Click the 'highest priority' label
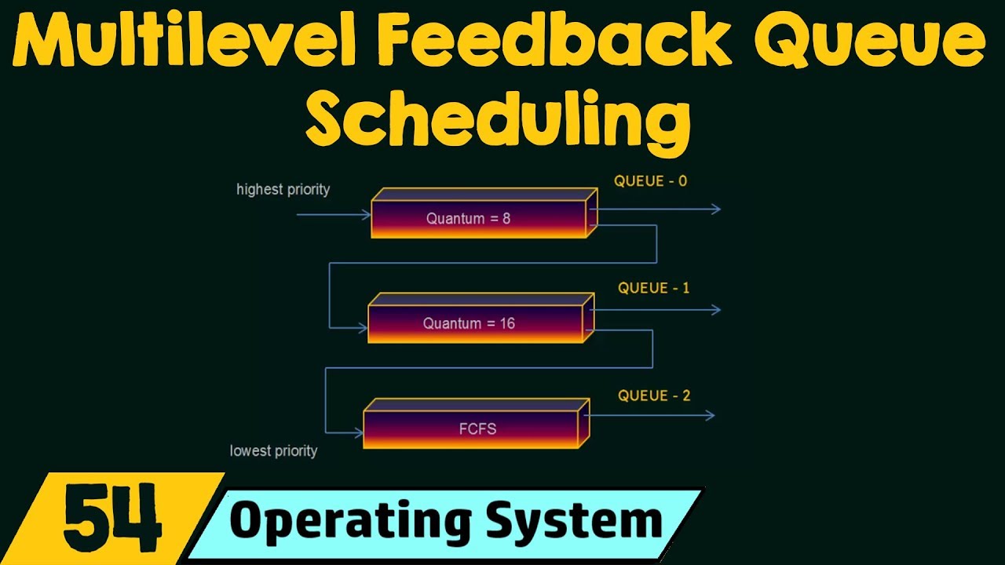click(283, 189)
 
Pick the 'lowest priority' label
click(273, 450)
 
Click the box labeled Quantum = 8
click(479, 218)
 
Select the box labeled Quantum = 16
click(475, 323)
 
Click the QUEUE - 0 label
click(650, 181)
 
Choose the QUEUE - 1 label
click(653, 288)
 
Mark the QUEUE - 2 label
click(653, 395)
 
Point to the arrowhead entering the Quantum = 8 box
click(366, 213)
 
